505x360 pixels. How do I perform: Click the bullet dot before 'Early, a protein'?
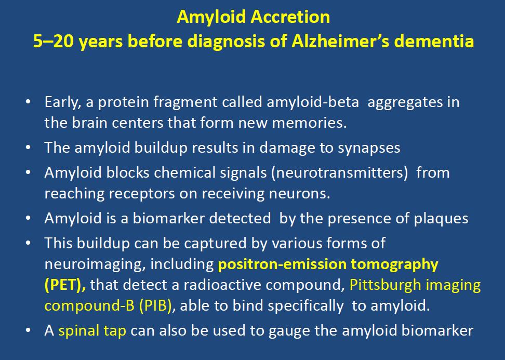pyautogui.click(x=28, y=102)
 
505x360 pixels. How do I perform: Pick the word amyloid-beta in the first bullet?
pyautogui.click(x=313, y=102)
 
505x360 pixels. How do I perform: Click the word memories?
pyautogui.click(x=310, y=123)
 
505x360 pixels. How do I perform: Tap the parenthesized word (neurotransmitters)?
pyautogui.click(x=339, y=173)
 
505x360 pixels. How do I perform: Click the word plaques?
pyautogui.click(x=441, y=219)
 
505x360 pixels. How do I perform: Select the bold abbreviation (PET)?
pyautogui.click(x=65, y=285)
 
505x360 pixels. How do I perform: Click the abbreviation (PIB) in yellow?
pyautogui.click(x=155, y=306)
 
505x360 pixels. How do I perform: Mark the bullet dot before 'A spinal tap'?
pyautogui.click(x=28, y=330)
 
